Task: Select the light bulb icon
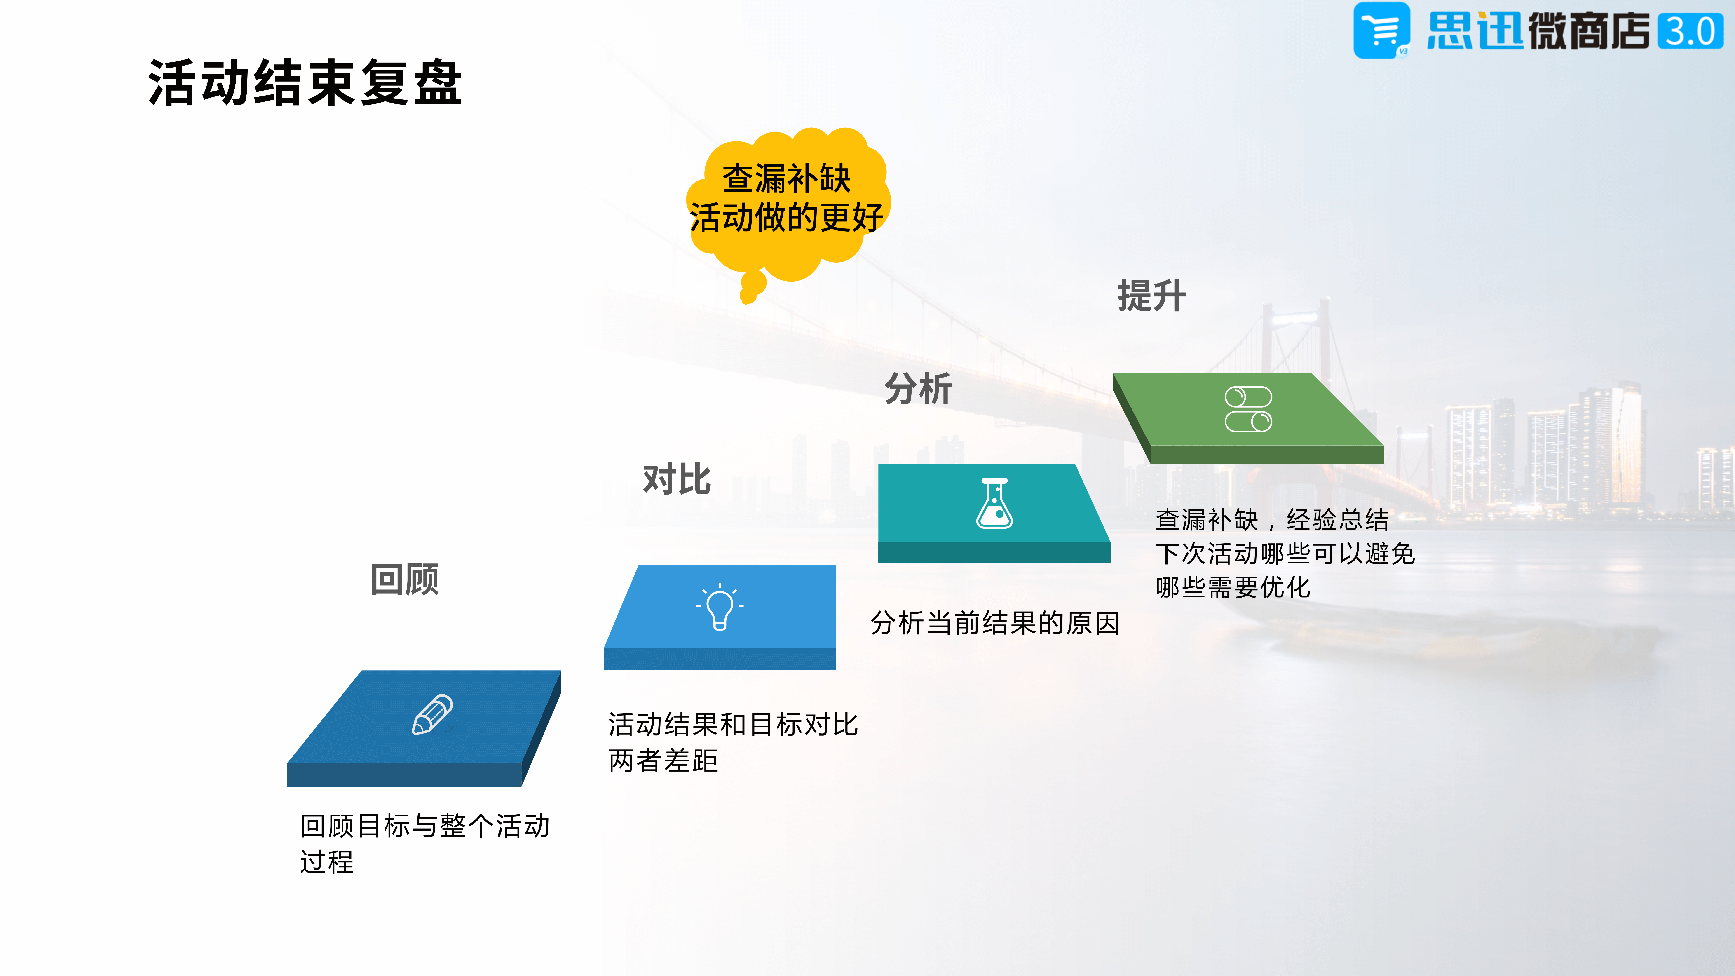[x=719, y=606]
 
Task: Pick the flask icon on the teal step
[x=995, y=503]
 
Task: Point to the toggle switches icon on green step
[x=1248, y=409]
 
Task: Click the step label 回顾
[x=405, y=579]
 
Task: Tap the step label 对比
[x=677, y=480]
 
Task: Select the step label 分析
[x=918, y=389]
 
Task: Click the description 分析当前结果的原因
[x=995, y=623]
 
